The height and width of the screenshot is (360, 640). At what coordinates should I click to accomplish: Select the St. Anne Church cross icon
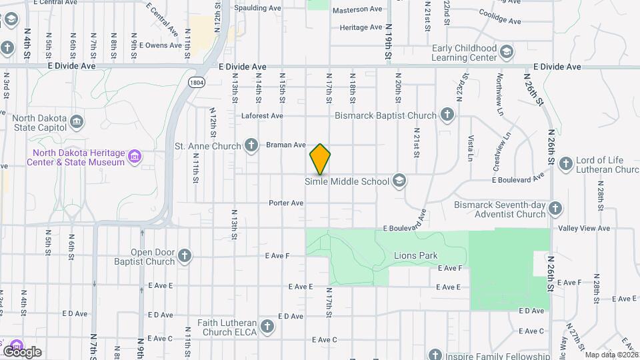coord(251,145)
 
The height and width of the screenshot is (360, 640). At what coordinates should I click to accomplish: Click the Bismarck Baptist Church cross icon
coord(447,115)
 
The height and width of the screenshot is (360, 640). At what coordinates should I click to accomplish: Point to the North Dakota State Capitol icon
coord(77,123)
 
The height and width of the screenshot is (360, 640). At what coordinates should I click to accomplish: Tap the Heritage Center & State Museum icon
coord(135,157)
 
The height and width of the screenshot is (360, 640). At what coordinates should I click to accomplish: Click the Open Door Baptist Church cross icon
coord(184,255)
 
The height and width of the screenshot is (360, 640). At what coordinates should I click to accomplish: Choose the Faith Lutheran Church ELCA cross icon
coord(267,326)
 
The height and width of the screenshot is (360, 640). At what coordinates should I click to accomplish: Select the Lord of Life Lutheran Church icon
coord(565,163)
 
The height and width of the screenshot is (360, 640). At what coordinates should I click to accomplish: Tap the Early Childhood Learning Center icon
coord(507,52)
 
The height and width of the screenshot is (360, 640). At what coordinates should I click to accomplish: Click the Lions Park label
coord(415,255)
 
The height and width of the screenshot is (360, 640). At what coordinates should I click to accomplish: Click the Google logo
coord(22,351)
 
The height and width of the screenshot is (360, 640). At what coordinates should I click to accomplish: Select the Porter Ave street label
coord(286,203)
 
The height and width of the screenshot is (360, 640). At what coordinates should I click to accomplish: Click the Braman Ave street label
coord(285,145)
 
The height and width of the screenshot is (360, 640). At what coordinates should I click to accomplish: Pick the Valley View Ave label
coord(584,228)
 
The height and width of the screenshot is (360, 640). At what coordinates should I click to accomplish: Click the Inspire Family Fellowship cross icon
coord(435,354)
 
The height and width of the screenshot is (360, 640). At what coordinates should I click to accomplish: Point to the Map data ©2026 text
coord(611,355)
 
